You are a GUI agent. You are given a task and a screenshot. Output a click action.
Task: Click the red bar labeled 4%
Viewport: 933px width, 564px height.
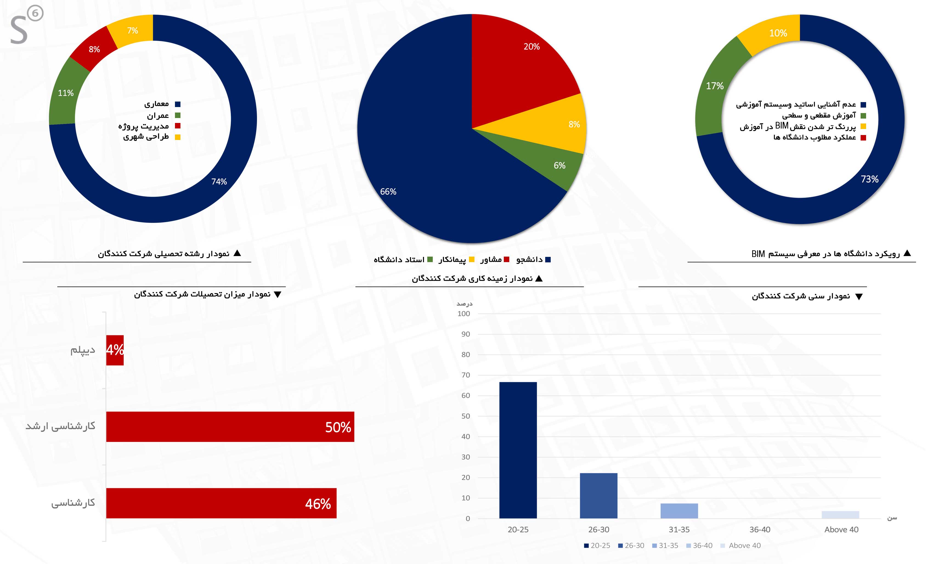115,350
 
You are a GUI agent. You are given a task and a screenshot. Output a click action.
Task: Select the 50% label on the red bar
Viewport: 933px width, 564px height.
338,427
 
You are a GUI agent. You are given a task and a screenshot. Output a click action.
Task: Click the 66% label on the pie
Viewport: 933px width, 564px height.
388,192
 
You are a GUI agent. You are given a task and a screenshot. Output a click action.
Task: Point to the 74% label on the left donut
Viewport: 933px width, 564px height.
219,182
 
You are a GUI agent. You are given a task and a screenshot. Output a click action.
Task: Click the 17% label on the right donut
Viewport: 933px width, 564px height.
714,86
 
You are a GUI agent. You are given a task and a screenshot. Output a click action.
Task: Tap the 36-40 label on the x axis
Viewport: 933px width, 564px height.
760,529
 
